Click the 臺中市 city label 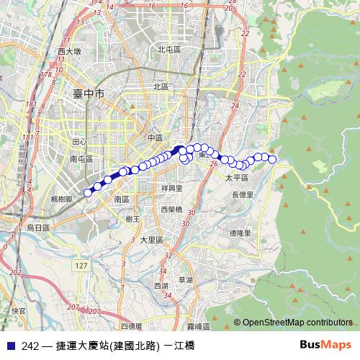(89, 94)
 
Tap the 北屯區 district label (168, 50)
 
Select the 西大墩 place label (70, 52)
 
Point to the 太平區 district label (236, 177)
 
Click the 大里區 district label (152, 240)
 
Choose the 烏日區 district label (38, 228)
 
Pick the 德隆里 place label (240, 233)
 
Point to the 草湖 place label (186, 279)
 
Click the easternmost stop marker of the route (273, 159)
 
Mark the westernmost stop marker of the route (88, 192)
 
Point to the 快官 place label (19, 311)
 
